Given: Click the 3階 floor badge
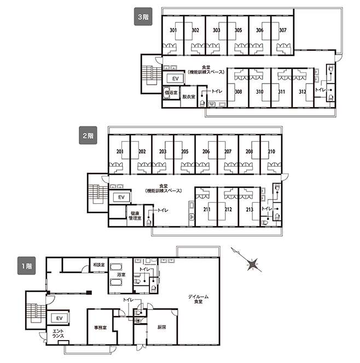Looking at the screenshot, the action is pyautogui.click(x=143, y=16).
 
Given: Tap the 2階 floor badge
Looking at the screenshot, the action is pyautogui.click(x=88, y=136).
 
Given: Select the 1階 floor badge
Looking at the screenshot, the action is pyautogui.click(x=27, y=266).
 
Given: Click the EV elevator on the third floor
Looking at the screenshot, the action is pyautogui.click(x=176, y=79).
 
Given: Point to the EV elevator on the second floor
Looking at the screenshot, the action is pyautogui.click(x=121, y=197).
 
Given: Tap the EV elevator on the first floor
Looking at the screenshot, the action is pyautogui.click(x=60, y=318).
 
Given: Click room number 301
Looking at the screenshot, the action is pyautogui.click(x=173, y=30).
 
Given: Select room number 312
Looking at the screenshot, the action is pyautogui.click(x=303, y=92).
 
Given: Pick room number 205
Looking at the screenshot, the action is pyautogui.click(x=184, y=151).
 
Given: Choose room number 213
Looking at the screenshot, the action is pyautogui.click(x=249, y=209).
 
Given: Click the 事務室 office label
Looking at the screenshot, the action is pyautogui.click(x=100, y=327).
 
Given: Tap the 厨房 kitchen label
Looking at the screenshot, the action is pyautogui.click(x=161, y=327).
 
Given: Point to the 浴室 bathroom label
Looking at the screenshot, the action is pyautogui.click(x=121, y=275).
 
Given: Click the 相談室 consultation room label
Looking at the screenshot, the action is pyautogui.click(x=98, y=265).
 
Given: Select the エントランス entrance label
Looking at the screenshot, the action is pyautogui.click(x=58, y=333).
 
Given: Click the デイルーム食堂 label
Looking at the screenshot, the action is pyautogui.click(x=198, y=299).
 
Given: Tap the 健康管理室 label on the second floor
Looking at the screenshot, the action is pyautogui.click(x=135, y=215).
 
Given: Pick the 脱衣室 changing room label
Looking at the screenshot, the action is pyautogui.click(x=189, y=97).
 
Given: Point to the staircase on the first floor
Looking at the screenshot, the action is pyautogui.click(x=36, y=310).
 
